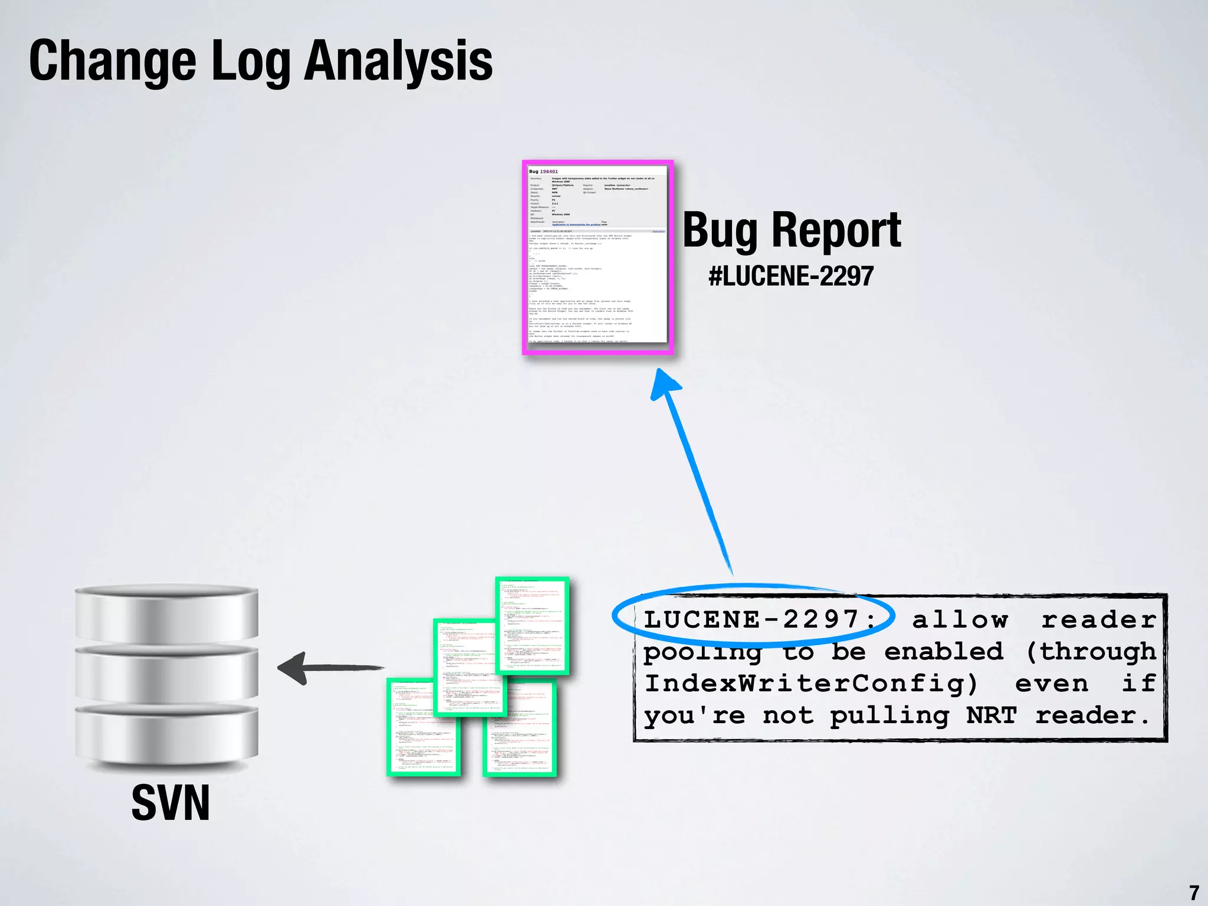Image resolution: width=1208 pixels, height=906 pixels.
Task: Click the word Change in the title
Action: [x=112, y=61]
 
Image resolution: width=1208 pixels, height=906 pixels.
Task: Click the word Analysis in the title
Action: [x=399, y=61]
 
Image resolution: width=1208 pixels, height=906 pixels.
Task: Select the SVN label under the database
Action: [x=170, y=803]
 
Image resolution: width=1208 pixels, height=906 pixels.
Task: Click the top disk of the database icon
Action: [x=166, y=610]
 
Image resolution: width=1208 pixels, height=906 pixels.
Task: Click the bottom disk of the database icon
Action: [x=166, y=734]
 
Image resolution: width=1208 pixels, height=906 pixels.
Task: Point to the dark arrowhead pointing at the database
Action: [x=293, y=668]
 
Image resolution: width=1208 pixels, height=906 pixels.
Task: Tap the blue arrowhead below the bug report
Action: [x=665, y=385]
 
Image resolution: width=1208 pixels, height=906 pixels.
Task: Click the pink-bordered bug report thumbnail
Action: [x=598, y=257]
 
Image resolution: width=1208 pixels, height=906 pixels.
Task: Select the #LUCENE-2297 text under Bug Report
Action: [x=791, y=276]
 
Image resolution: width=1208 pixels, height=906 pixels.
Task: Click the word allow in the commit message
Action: [x=960, y=620]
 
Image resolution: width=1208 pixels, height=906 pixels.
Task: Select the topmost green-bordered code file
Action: [x=533, y=625]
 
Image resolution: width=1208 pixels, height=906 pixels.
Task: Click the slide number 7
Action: [x=1194, y=892]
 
